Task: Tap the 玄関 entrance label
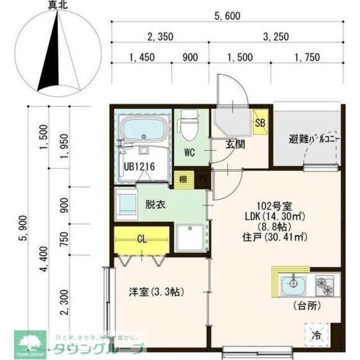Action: click(x=235, y=144)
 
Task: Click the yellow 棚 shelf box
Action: click(x=183, y=179)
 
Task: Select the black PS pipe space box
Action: click(x=202, y=179)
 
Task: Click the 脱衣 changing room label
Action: click(x=155, y=205)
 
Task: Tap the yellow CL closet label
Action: click(x=142, y=238)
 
